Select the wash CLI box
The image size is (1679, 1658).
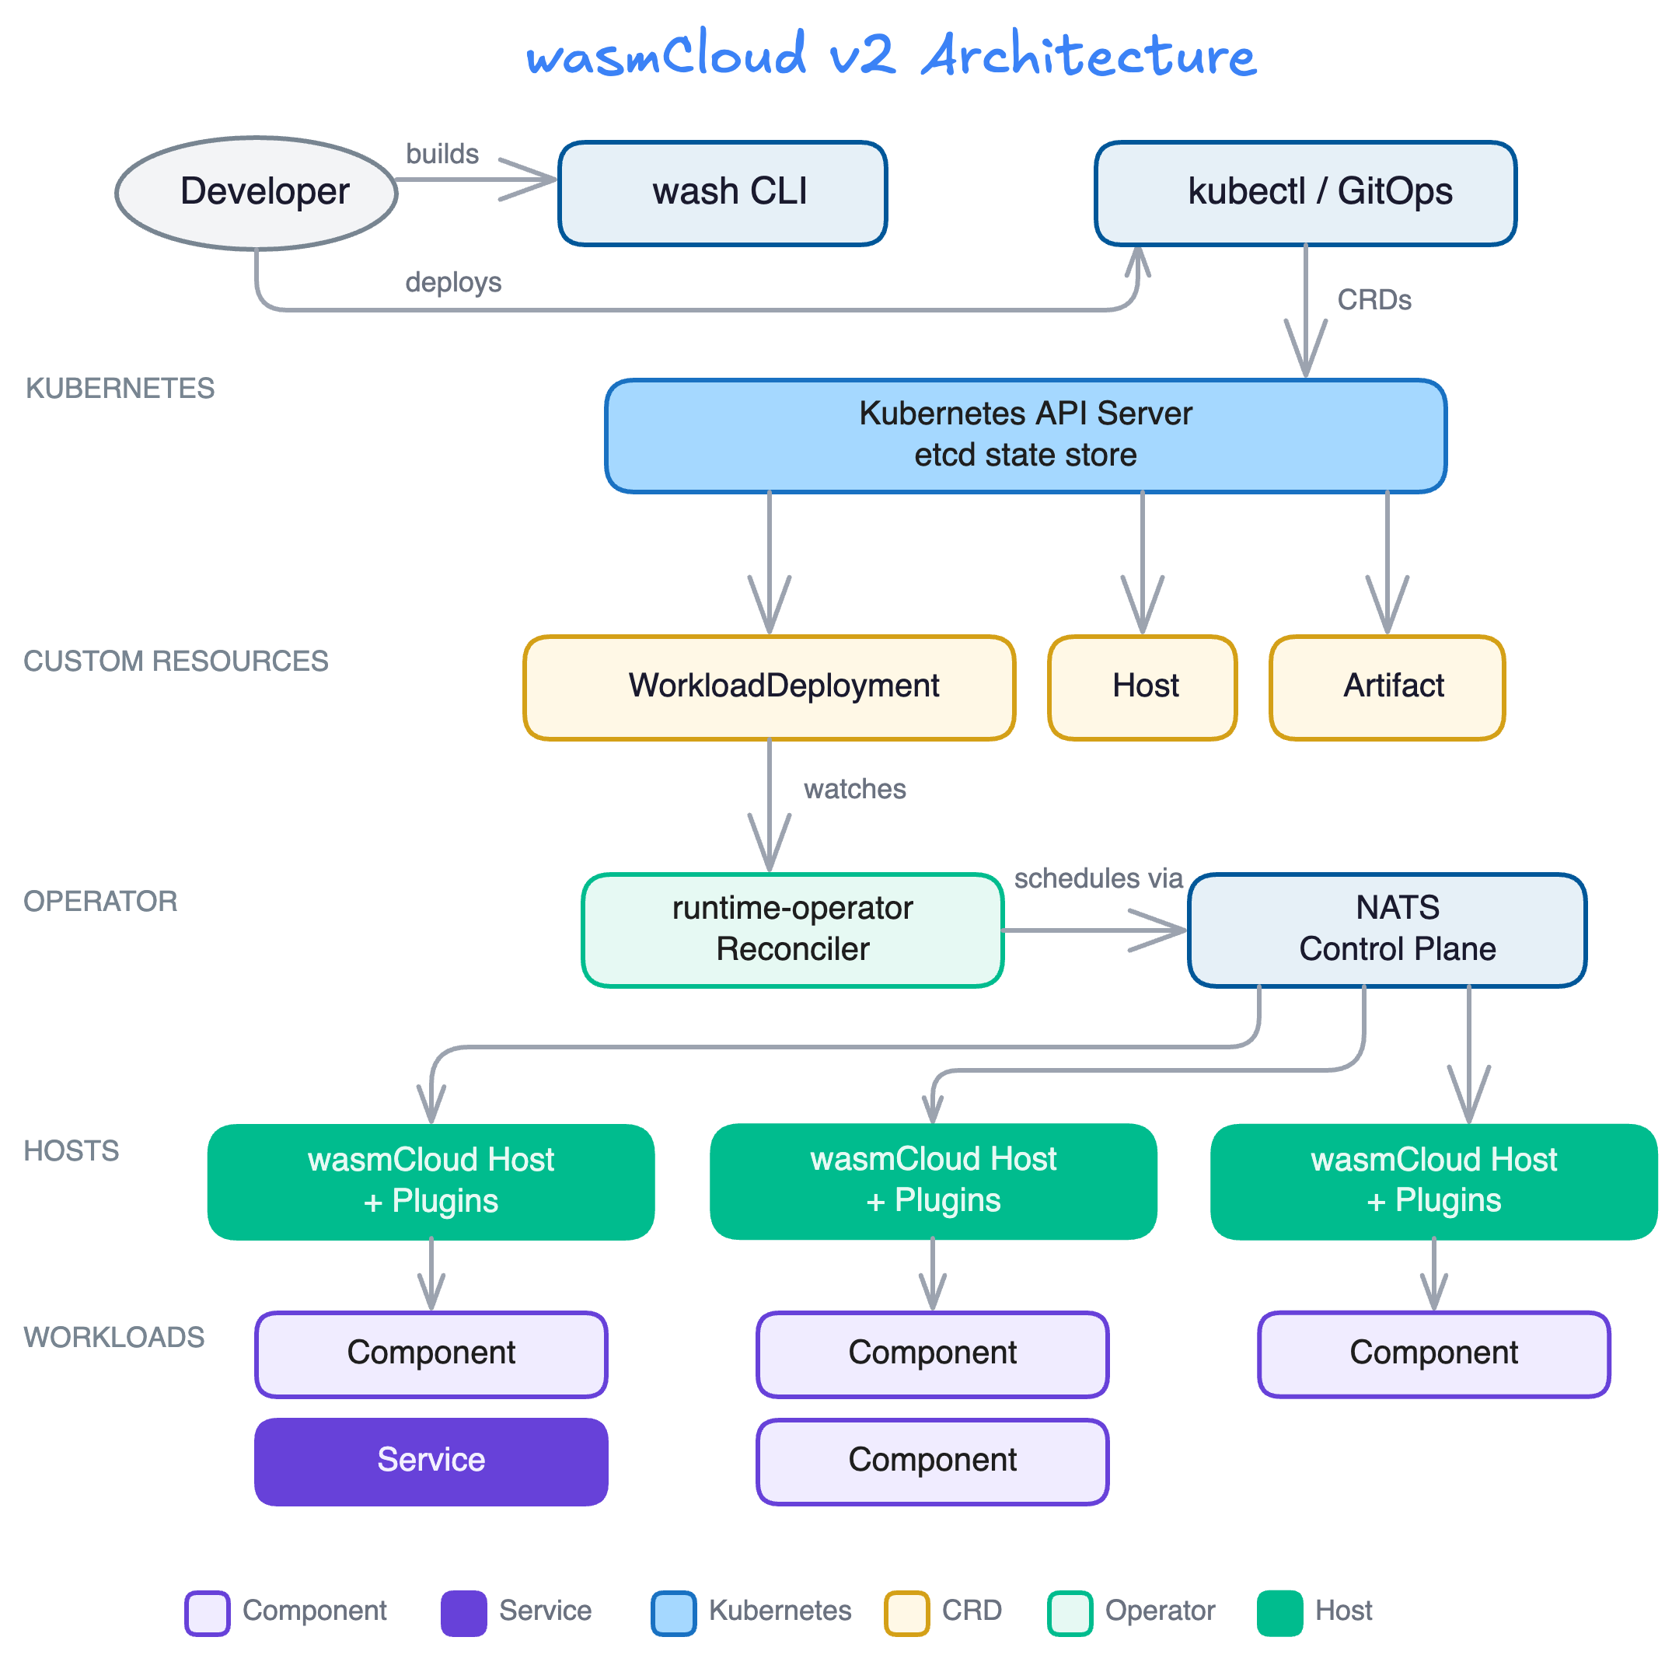click(722, 193)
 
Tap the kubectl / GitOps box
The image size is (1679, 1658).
click(1304, 193)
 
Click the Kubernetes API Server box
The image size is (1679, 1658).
click(1025, 435)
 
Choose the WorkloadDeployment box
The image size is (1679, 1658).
click(769, 687)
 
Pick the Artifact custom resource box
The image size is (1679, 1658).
click(1387, 687)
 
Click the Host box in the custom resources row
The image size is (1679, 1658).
click(1142, 687)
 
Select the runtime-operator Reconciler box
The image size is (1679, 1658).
click(793, 930)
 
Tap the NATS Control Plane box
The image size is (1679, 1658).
click(1387, 930)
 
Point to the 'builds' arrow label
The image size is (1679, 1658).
click(442, 154)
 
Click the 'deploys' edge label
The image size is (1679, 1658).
click(452, 282)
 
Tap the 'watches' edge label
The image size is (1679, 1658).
click(854, 789)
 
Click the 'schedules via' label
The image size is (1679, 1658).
click(1098, 878)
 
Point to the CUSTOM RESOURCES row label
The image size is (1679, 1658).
click(176, 661)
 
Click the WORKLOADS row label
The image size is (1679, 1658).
click(113, 1337)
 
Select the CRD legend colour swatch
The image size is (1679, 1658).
click(906, 1613)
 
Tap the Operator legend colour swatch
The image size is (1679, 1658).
click(1070, 1613)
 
